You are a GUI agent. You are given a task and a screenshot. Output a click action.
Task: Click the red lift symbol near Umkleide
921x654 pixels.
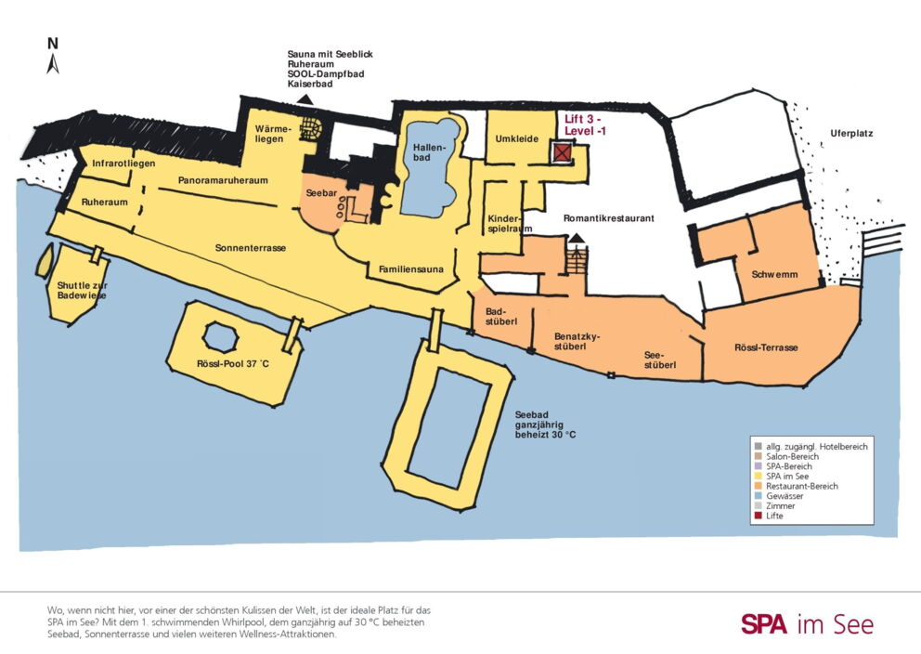(x=562, y=152)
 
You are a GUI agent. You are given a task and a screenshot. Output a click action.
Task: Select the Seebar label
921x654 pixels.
(x=321, y=193)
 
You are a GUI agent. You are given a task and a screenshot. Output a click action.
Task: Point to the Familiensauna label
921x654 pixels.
(x=411, y=269)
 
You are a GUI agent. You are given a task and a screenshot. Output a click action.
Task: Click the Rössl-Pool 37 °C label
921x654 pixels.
(x=233, y=364)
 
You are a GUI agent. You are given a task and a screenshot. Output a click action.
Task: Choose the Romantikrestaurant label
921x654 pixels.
(x=608, y=218)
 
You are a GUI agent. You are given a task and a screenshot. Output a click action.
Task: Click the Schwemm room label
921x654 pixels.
(x=774, y=274)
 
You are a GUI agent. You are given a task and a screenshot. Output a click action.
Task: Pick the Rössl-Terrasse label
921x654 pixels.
(x=766, y=347)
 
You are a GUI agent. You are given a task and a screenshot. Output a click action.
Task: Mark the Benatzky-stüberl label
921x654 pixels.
(x=577, y=342)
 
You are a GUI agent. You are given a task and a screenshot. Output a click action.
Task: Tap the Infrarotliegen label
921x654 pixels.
(x=123, y=163)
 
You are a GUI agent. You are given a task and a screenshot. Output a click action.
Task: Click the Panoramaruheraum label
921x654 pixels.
(x=223, y=180)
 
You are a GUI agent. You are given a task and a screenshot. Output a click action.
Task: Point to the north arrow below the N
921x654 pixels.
(x=53, y=64)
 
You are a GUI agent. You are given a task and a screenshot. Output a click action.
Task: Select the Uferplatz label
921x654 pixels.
(x=851, y=134)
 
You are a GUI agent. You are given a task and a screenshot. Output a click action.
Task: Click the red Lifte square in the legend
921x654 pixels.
(x=759, y=516)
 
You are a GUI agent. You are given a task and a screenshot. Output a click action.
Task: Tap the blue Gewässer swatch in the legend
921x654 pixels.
(x=759, y=496)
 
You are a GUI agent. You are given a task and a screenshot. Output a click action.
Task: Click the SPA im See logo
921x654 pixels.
(x=807, y=624)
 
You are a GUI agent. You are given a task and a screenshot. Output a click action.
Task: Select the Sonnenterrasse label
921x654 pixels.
(x=251, y=248)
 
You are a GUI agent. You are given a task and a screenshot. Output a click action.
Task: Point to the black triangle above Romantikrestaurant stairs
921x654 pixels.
(x=577, y=238)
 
